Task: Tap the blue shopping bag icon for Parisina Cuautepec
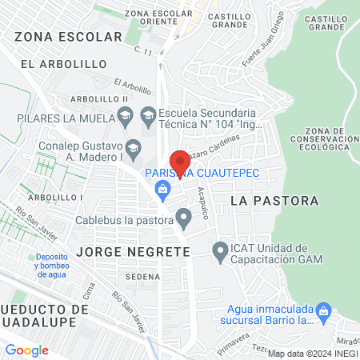coord(163,189)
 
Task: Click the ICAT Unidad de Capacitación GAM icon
coord(221,253)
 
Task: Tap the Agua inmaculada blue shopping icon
coord(324,310)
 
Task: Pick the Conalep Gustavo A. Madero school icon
coord(134,147)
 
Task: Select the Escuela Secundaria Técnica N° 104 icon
coord(147,117)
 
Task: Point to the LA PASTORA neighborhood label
coord(274,201)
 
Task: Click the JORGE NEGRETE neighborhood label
coord(134,252)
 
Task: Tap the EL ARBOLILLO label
coord(52,63)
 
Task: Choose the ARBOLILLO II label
coord(99,98)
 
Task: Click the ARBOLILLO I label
coord(55,197)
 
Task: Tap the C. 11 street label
coord(144,52)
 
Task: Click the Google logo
coord(27,350)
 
